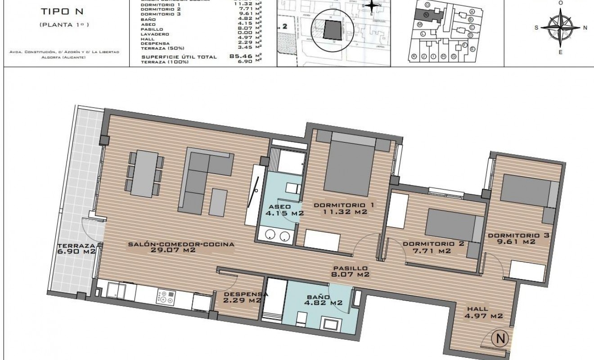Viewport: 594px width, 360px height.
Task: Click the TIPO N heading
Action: pyautogui.click(x=64, y=12)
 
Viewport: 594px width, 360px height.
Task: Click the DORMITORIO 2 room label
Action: pyautogui.click(x=427, y=247)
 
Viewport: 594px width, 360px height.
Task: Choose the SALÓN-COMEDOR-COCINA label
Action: pyautogui.click(x=181, y=247)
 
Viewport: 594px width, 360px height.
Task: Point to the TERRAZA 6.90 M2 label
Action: pyautogui.click(x=76, y=248)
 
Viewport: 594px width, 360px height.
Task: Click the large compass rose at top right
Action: pyautogui.click(x=560, y=27)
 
